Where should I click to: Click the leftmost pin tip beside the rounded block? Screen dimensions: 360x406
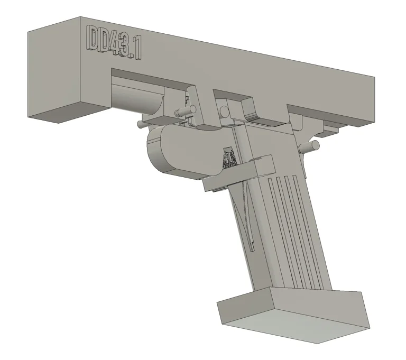140,125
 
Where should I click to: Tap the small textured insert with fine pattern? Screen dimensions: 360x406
228,158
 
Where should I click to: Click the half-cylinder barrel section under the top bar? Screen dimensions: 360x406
139,97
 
